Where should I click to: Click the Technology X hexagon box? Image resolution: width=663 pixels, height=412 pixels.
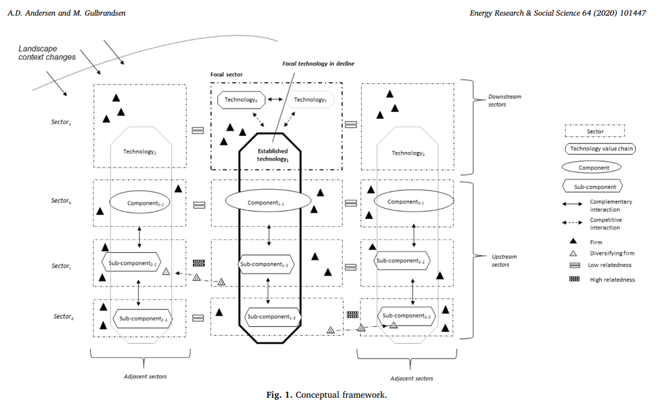pyautogui.click(x=238, y=99)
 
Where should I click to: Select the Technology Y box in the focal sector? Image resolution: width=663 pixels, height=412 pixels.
pyautogui.click(x=309, y=99)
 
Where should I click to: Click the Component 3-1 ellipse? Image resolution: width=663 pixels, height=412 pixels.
pyautogui.click(x=406, y=202)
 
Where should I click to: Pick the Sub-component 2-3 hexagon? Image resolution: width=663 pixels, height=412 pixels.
pyautogui.click(x=144, y=318)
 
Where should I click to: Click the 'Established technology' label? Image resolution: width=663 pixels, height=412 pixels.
pyautogui.click(x=272, y=155)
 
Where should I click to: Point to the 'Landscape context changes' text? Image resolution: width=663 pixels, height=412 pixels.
pyautogui.click(x=47, y=53)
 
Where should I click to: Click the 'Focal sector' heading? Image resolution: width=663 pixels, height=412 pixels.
pyautogui.click(x=227, y=75)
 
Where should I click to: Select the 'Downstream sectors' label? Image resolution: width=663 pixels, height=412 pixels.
pyautogui.click(x=505, y=100)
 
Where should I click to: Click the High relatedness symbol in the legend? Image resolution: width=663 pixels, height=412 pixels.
pyautogui.click(x=575, y=279)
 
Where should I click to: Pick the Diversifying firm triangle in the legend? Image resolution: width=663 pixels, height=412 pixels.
pyautogui.click(x=575, y=253)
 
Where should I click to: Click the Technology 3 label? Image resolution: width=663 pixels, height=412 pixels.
pyautogui.click(x=408, y=153)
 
